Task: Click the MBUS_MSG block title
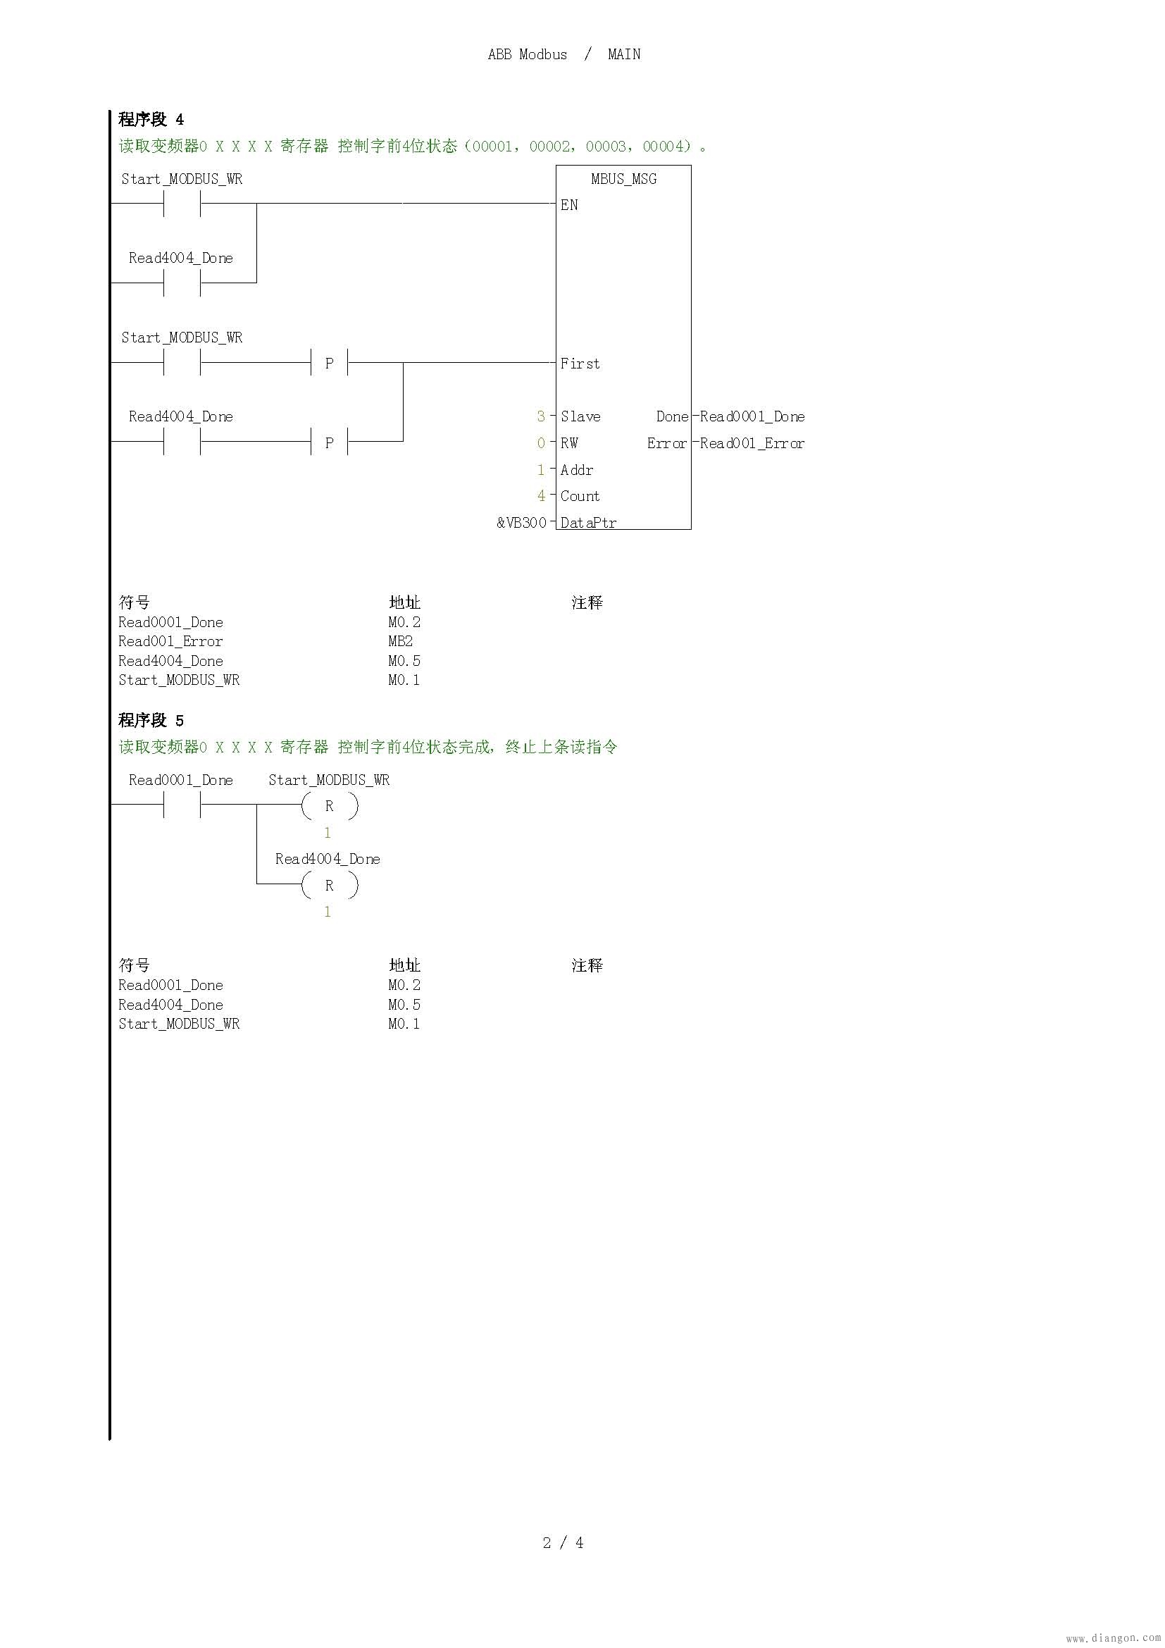point(623,179)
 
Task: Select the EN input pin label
point(569,205)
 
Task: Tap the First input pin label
point(580,364)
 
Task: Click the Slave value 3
point(541,416)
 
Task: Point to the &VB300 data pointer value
point(521,523)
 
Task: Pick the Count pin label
point(580,496)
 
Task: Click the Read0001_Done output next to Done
point(752,416)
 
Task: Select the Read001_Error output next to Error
point(752,443)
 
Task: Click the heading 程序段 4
point(151,119)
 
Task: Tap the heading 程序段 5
point(151,720)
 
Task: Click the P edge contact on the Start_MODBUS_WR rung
point(329,363)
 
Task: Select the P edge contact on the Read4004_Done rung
point(329,442)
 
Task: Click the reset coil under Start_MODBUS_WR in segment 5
point(329,806)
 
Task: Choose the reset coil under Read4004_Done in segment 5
point(329,885)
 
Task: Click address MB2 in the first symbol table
point(400,641)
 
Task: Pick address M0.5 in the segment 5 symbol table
point(404,1004)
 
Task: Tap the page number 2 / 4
point(563,1542)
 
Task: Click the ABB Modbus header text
point(528,54)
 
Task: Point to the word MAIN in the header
point(624,54)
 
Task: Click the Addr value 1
point(541,469)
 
